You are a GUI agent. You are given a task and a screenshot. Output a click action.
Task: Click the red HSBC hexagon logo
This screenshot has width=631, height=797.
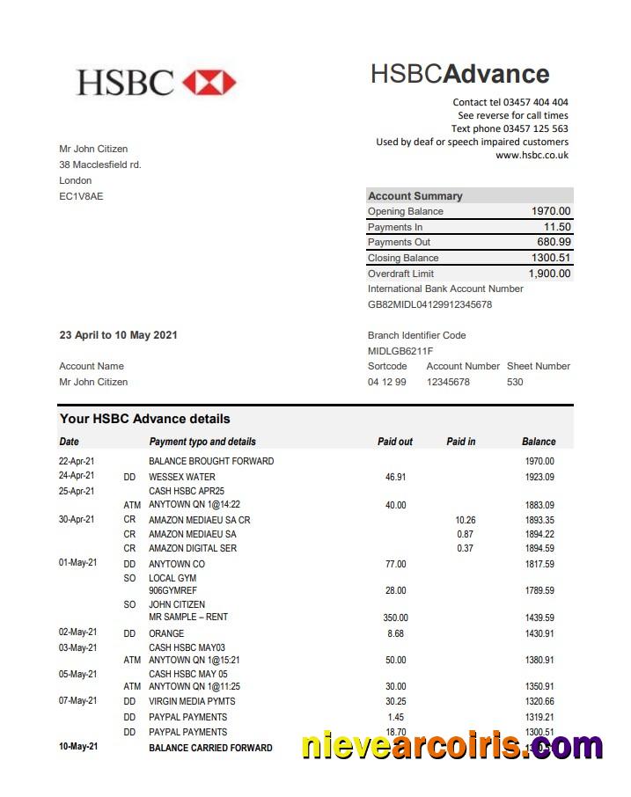(x=209, y=83)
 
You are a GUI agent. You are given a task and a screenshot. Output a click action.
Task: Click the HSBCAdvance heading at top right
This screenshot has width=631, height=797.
(x=459, y=74)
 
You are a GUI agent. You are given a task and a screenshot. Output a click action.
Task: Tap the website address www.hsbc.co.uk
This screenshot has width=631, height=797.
(x=532, y=155)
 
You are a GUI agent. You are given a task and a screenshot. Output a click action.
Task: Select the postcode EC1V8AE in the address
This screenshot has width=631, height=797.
(x=81, y=196)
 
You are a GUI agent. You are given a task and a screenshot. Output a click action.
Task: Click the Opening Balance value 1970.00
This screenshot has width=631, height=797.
(x=551, y=211)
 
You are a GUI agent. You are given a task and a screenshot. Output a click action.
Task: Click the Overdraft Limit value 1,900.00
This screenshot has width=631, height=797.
(x=549, y=274)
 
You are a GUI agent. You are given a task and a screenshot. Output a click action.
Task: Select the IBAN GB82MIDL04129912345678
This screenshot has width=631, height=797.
(x=429, y=304)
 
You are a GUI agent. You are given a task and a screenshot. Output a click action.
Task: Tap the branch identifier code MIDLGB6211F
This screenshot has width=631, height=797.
(x=400, y=351)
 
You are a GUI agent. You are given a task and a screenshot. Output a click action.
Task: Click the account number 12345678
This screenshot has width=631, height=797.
(x=448, y=382)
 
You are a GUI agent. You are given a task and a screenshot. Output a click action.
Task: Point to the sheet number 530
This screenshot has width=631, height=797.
(x=515, y=382)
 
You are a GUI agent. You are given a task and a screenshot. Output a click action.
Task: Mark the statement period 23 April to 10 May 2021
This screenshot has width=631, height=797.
(x=118, y=335)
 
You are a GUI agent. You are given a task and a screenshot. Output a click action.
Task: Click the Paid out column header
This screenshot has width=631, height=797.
(x=394, y=442)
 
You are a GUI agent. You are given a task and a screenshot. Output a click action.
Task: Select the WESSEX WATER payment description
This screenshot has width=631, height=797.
(x=181, y=477)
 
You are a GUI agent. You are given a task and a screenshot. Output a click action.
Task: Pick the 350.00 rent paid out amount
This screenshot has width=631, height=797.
(x=395, y=618)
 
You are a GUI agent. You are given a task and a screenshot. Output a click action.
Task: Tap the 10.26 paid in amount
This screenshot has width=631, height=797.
(x=466, y=520)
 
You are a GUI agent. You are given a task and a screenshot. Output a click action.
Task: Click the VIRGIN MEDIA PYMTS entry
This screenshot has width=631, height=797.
(x=192, y=701)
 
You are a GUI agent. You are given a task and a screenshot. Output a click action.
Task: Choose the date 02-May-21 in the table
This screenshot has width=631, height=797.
(x=77, y=632)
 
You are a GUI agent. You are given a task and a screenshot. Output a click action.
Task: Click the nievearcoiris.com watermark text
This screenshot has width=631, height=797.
(x=452, y=746)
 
